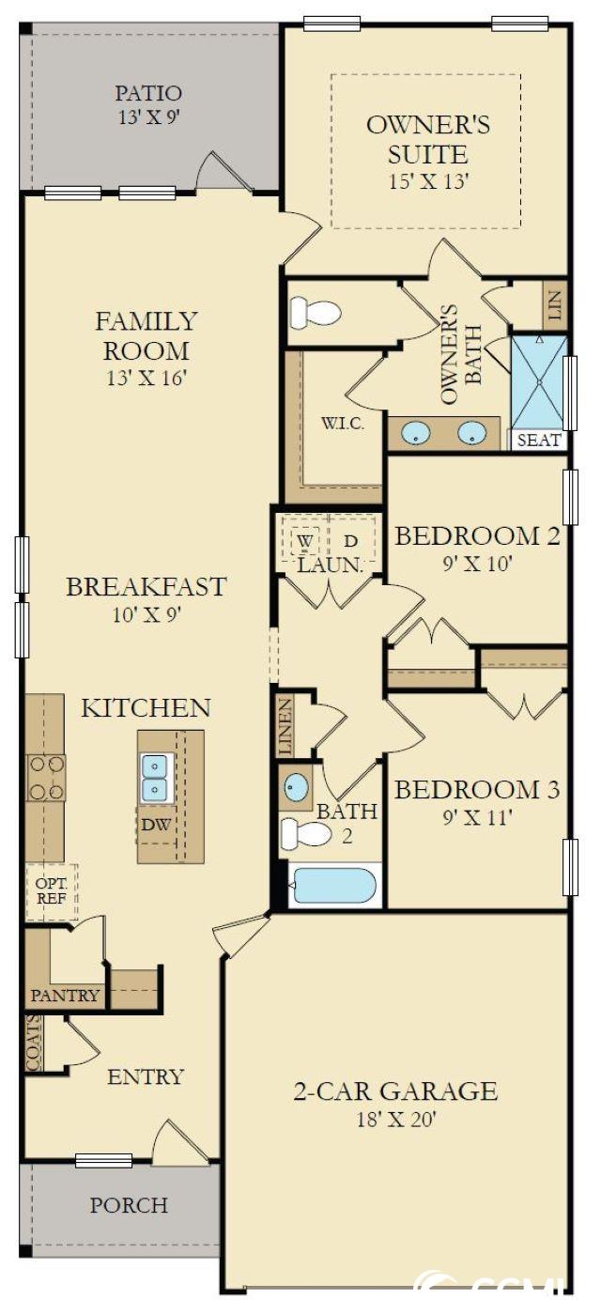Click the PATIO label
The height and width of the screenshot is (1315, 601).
pos(148,93)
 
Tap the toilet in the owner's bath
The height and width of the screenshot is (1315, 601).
pos(316,312)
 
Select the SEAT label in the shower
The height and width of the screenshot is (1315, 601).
pos(539,440)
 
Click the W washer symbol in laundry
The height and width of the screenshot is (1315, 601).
pos(304,541)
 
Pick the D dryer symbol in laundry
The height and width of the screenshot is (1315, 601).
pos(350,541)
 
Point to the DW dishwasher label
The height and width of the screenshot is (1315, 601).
pos(156,825)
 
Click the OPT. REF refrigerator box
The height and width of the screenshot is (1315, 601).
pos(52,891)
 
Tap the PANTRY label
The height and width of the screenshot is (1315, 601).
pos(65,995)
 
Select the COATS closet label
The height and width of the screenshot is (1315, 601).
pos(34,1044)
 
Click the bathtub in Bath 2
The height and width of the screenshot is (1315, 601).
pos(334,886)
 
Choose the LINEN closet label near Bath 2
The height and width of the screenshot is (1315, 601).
pos(285,726)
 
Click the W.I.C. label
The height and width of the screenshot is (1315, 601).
pos(343,424)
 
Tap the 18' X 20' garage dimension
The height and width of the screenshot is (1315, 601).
pos(396,1120)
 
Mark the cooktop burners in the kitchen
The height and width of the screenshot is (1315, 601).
pos(47,778)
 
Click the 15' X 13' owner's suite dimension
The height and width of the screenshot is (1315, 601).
pos(429,180)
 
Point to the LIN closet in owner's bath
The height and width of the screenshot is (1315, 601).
pos(555,304)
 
